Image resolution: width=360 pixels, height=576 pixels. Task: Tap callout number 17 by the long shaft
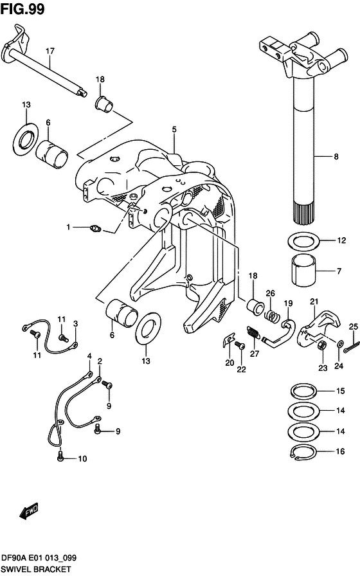[x=50, y=51]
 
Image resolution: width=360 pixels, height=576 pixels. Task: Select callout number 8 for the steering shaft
[x=337, y=156]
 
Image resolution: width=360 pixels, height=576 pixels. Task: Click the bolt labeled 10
[x=60, y=458]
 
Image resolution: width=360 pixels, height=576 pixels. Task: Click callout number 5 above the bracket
[x=174, y=129]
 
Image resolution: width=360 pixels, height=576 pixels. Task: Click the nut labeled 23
[x=322, y=346]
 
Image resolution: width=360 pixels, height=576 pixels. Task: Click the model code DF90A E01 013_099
[x=41, y=558]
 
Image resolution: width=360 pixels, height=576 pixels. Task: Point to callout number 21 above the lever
[x=314, y=301]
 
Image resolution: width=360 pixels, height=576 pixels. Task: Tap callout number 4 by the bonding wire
[x=89, y=356]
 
